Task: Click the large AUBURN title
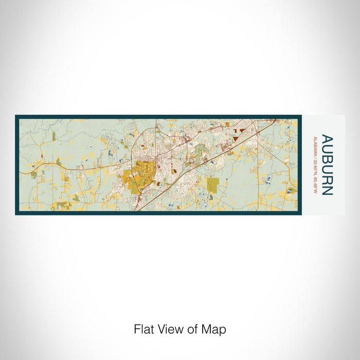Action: coord(327,165)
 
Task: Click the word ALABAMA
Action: coord(314,146)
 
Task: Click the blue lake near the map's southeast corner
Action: coord(290,191)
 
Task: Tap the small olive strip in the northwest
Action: coord(53,136)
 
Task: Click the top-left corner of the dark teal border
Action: coord(16,116)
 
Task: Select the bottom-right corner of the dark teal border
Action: coord(301,214)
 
